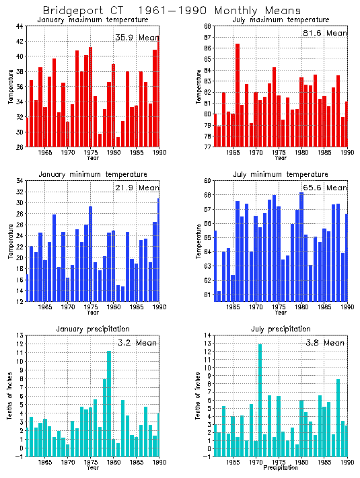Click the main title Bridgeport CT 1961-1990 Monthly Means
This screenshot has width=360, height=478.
pos(162,11)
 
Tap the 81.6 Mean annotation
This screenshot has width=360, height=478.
pos(324,33)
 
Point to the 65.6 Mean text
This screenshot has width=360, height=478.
pos(324,188)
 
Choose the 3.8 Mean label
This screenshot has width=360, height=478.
pos(324,342)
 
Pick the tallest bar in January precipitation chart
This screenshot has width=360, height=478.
pos(109,403)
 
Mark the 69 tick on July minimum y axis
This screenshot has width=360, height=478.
pos(207,181)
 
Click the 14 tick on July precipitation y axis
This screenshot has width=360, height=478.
pos(207,335)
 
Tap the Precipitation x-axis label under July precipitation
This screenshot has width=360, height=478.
pos(281,467)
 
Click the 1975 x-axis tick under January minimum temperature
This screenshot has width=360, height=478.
pos(90,307)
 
